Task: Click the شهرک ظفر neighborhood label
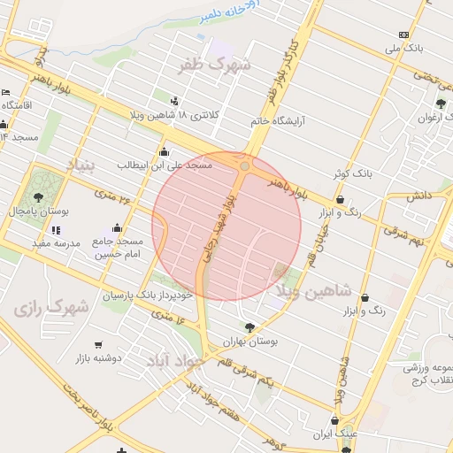pos(214,65)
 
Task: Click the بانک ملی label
pos(411,47)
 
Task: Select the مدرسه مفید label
pos(57,242)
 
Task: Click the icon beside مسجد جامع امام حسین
pos(118,228)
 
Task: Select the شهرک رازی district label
pos(51,310)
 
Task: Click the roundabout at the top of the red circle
pos(244,165)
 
